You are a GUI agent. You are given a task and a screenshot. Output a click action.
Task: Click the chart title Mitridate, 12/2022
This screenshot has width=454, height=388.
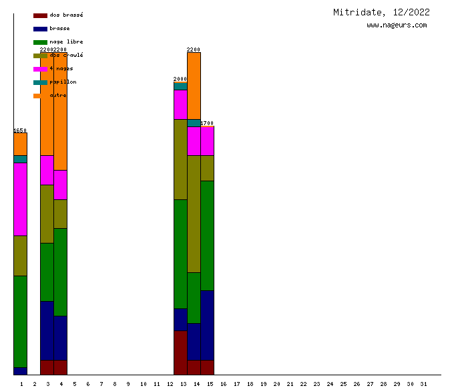click(x=381, y=12)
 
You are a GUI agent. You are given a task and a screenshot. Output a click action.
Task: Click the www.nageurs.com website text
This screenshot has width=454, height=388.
click(x=397, y=25)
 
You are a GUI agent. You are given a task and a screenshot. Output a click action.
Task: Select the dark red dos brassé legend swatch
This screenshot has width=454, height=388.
click(x=40, y=15)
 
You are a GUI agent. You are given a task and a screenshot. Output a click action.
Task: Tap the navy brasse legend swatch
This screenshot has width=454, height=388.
click(x=40, y=29)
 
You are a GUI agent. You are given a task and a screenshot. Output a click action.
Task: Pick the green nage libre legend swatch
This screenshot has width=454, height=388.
click(x=40, y=42)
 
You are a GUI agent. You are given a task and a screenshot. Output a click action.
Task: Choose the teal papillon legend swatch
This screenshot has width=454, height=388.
click(x=40, y=82)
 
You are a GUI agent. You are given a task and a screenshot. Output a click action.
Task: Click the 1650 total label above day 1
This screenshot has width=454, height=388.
click(x=20, y=130)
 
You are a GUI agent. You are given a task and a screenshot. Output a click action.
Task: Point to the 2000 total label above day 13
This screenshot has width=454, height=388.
click(x=180, y=79)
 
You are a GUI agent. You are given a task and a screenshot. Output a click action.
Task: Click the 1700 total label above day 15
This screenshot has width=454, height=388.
click(x=207, y=123)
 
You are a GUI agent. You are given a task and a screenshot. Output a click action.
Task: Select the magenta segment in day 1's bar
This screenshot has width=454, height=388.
click(x=20, y=199)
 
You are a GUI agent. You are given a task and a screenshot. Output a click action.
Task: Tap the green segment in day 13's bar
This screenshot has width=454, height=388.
click(x=180, y=254)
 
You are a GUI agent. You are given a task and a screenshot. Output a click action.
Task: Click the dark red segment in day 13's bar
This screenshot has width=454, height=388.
click(x=180, y=353)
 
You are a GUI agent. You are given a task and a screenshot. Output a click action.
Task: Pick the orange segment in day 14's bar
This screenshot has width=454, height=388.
click(x=194, y=85)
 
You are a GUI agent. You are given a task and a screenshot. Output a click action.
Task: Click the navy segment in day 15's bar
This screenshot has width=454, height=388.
click(x=207, y=325)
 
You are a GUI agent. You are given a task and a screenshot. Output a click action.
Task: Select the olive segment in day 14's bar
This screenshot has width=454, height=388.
click(x=194, y=213)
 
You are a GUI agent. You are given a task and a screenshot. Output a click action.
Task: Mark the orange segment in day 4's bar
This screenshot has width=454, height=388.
click(x=60, y=111)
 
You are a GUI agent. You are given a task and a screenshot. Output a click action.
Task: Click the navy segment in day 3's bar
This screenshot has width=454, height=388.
click(x=47, y=330)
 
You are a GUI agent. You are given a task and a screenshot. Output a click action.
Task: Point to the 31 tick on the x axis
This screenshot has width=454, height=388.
click(x=423, y=383)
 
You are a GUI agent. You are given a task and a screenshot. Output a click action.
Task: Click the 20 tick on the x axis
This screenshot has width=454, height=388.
click(x=276, y=383)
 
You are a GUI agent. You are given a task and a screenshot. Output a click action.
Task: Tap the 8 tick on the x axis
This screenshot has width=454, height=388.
click(x=115, y=383)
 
